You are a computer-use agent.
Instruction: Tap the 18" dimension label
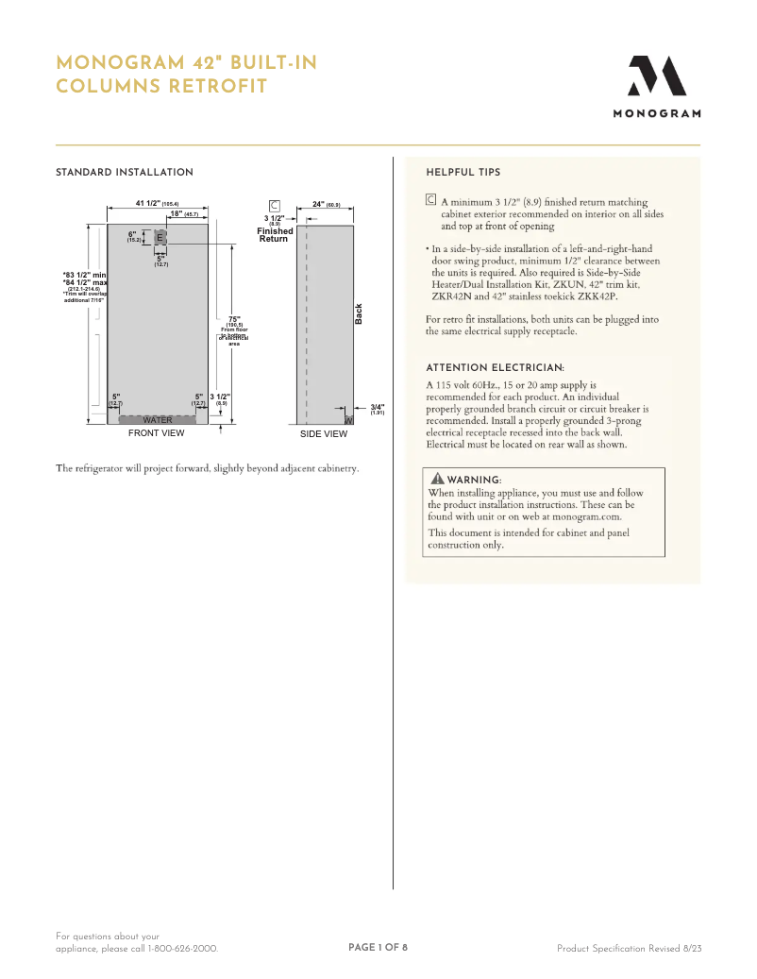[x=184, y=214]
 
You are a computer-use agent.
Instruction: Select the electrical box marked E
[x=160, y=236]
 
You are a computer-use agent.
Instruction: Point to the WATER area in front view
[x=157, y=420]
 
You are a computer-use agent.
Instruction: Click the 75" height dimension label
[x=234, y=320]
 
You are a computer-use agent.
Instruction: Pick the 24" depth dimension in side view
[x=326, y=204]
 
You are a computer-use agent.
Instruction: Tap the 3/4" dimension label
[x=377, y=407]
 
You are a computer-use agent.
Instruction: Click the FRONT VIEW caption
[x=157, y=434]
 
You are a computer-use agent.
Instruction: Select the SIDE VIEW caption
[x=324, y=434]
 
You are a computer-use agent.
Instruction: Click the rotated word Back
[x=359, y=314]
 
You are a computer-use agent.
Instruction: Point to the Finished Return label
[x=275, y=235]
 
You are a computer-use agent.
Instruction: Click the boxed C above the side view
[x=275, y=205]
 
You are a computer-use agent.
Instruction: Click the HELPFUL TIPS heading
[x=463, y=173]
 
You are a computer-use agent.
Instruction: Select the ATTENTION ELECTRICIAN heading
[x=496, y=367]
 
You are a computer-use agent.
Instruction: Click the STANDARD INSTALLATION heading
[x=125, y=173]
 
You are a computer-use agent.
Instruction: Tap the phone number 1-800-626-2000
[x=182, y=948]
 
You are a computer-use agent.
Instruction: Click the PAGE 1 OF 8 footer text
[x=378, y=947]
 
